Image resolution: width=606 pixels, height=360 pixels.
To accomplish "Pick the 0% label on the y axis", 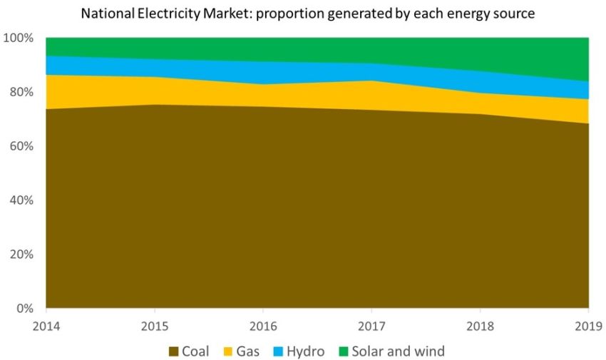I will (x=24, y=309).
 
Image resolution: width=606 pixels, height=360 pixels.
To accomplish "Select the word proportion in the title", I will (x=292, y=14).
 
